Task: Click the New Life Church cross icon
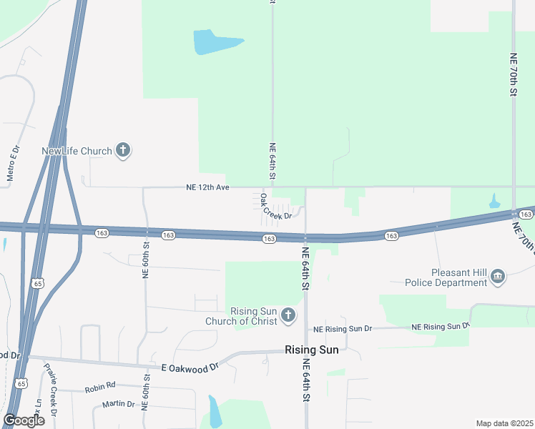[123, 150]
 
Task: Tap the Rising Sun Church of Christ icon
[288, 315]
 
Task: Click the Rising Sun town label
[312, 350]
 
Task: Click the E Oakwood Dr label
[190, 368]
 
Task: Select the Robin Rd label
[99, 388]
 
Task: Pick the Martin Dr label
[118, 404]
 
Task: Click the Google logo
[24, 420]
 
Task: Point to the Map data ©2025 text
[504, 423]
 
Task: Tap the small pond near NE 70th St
[495, 202]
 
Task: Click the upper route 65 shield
[36, 284]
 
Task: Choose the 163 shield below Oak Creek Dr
[269, 239]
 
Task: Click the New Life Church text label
[77, 151]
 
